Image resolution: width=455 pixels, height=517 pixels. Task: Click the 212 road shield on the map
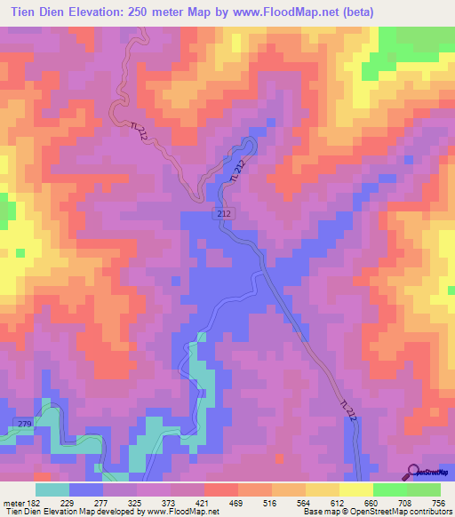pos(224,215)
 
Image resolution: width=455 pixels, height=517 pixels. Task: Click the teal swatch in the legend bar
pos(52,489)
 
